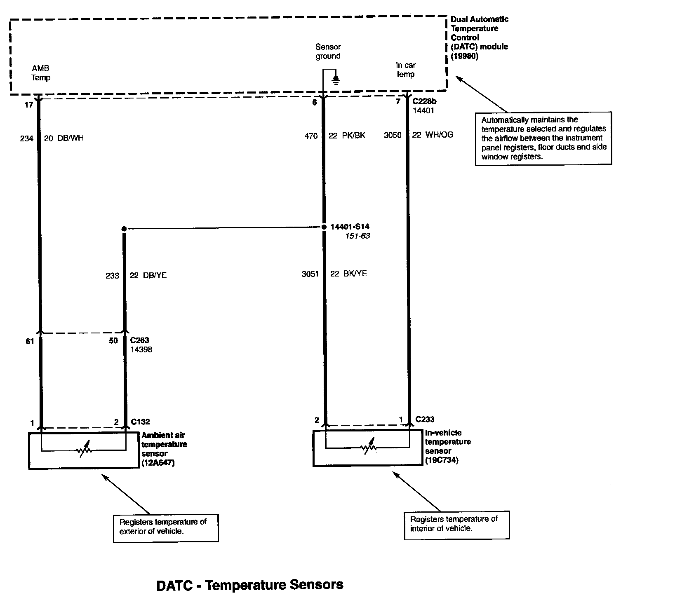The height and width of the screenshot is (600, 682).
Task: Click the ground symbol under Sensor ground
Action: pos(336,80)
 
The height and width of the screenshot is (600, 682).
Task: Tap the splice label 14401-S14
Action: pos(350,227)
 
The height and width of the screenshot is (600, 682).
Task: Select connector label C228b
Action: pos(424,101)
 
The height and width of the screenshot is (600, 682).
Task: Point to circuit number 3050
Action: pos(393,135)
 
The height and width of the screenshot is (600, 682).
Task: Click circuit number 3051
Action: pos(310,274)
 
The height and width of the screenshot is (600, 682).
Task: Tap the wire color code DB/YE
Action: pos(154,275)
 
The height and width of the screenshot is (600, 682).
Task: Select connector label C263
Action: pos(139,340)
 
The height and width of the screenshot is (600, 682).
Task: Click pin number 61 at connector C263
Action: pos(30,341)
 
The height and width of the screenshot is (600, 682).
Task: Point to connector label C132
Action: pos(140,422)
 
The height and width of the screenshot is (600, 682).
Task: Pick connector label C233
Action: pos(425,420)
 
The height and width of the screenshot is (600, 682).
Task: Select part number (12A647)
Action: pos(158,463)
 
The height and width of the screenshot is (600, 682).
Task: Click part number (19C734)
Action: pos(442,460)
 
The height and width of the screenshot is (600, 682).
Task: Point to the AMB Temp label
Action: pos(41,73)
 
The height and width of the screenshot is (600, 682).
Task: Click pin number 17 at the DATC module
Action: pos(28,105)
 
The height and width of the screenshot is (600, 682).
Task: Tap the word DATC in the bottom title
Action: pos(174,585)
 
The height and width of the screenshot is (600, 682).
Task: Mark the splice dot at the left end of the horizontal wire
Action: pos(124,228)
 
